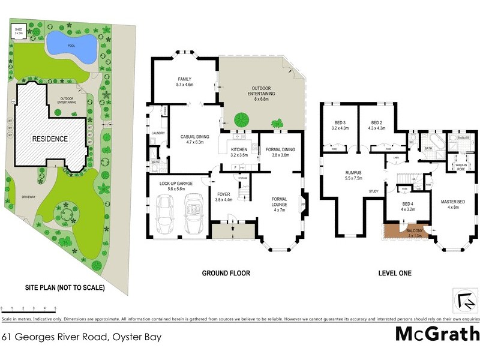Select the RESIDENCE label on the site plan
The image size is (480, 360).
50,139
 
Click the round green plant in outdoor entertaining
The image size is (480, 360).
242,118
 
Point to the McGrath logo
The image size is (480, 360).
437,334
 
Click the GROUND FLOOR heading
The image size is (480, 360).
226,273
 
